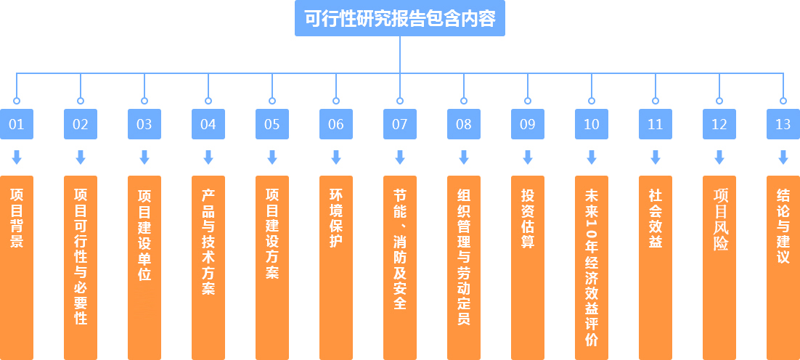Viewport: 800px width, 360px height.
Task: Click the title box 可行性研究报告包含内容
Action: click(x=400, y=19)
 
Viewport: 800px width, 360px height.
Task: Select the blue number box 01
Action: click(x=17, y=124)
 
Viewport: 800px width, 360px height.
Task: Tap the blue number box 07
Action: click(x=400, y=124)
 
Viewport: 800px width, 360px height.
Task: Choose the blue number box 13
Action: click(x=783, y=124)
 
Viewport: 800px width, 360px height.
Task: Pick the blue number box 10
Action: click(x=592, y=124)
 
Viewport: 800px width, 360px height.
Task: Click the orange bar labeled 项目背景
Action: click(x=17, y=267)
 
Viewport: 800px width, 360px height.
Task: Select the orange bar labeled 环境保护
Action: click(x=336, y=267)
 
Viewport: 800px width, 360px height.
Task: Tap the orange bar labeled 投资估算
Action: click(x=528, y=267)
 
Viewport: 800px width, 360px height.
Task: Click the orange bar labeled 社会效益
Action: click(x=656, y=267)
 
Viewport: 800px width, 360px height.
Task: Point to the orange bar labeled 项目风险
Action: click(x=719, y=267)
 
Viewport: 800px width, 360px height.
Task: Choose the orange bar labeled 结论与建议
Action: click(x=783, y=267)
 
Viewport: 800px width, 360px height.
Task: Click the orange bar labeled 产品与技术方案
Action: click(x=208, y=267)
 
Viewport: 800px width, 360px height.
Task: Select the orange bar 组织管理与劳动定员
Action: click(x=464, y=267)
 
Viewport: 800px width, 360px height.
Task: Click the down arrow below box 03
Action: click(x=144, y=157)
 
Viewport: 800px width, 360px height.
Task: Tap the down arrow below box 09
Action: click(x=528, y=157)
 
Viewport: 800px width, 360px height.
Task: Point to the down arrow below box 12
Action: click(x=719, y=157)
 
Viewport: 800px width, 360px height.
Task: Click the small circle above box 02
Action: click(x=81, y=101)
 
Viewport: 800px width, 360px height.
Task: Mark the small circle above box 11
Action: click(x=656, y=101)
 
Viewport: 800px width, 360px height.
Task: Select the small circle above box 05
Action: click(x=272, y=101)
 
